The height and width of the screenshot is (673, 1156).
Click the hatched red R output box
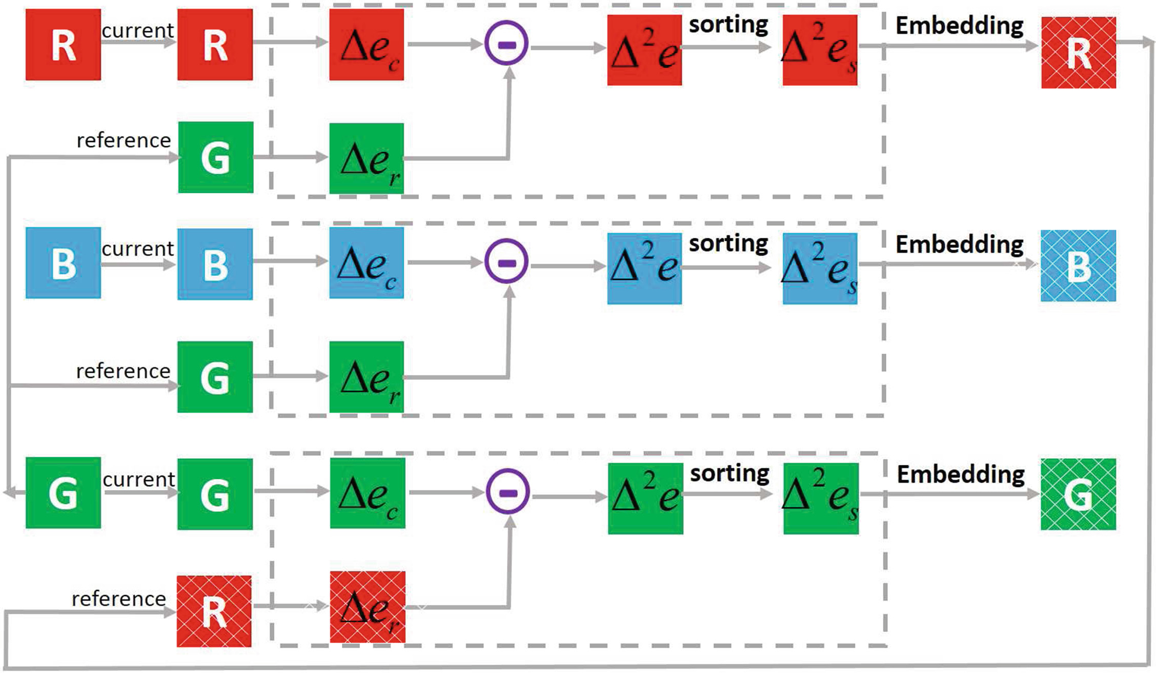[1078, 52]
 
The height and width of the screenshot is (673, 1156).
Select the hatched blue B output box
[1078, 266]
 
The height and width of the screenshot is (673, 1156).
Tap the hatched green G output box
[1078, 494]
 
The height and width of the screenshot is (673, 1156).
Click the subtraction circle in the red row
[506, 43]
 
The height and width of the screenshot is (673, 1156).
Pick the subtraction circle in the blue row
[506, 262]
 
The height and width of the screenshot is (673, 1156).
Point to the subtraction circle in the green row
[508, 493]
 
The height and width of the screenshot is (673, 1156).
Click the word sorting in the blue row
[728, 243]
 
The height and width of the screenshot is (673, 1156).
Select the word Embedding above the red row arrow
[959, 26]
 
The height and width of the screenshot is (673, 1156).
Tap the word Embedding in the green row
[960, 475]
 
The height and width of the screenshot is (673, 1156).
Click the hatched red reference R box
[214, 611]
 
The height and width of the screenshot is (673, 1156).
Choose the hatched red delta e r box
[368, 607]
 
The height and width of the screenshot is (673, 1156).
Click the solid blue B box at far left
[63, 263]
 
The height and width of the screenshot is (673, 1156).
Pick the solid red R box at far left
[63, 45]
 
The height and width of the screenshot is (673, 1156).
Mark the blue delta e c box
[367, 263]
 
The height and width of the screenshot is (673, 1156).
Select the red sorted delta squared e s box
[820, 50]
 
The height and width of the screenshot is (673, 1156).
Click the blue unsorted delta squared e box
[644, 269]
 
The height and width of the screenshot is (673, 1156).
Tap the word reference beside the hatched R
[119, 599]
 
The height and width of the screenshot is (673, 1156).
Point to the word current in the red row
[137, 30]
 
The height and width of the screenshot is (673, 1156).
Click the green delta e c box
[368, 493]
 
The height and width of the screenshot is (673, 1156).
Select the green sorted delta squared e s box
[821, 499]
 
